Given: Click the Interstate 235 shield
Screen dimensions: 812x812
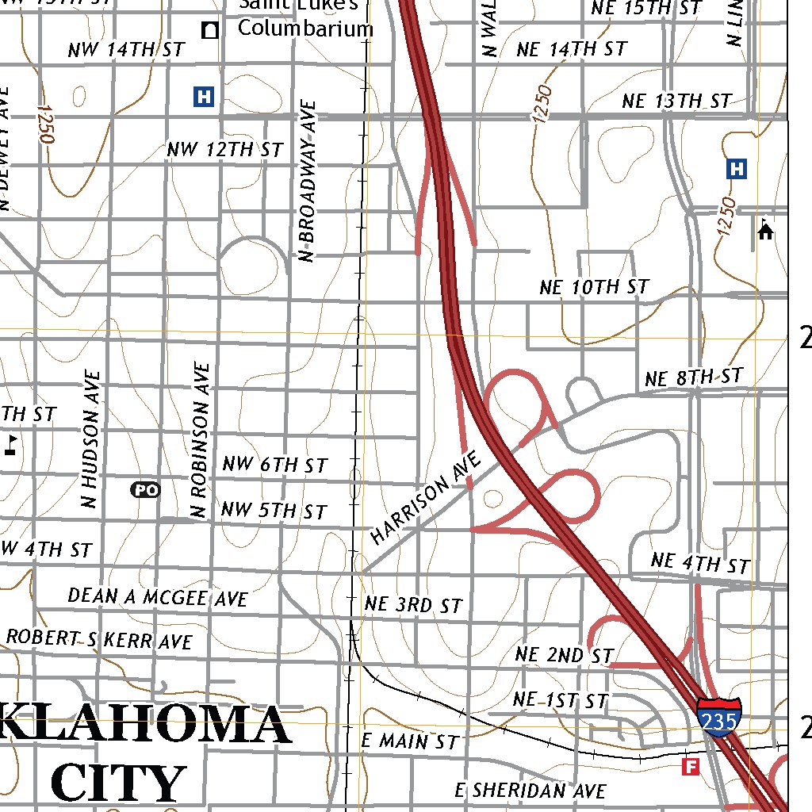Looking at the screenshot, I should (719, 718).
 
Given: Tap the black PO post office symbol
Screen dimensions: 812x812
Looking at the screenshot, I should (145, 490).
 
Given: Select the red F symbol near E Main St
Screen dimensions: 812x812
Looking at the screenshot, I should (691, 766).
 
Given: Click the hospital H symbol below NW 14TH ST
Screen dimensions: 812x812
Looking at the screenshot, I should (204, 97).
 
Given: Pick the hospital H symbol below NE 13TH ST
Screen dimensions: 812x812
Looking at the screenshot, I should (737, 168).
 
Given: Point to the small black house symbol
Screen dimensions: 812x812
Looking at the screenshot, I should (765, 231).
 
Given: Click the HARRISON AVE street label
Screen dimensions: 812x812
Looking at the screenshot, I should (427, 499).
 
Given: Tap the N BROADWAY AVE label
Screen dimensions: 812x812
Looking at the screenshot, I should (308, 180).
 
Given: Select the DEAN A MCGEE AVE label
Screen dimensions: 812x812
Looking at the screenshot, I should (158, 596).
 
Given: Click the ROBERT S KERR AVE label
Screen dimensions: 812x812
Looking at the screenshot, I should (99, 638).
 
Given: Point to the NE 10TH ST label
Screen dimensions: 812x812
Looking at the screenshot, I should (594, 287).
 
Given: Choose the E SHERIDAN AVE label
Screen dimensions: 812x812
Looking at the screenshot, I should (530, 791).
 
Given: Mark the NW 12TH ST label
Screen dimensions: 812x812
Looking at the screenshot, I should (224, 149).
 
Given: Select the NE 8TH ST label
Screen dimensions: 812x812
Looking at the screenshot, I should (694, 377).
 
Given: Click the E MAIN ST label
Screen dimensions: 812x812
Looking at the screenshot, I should (410, 742).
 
